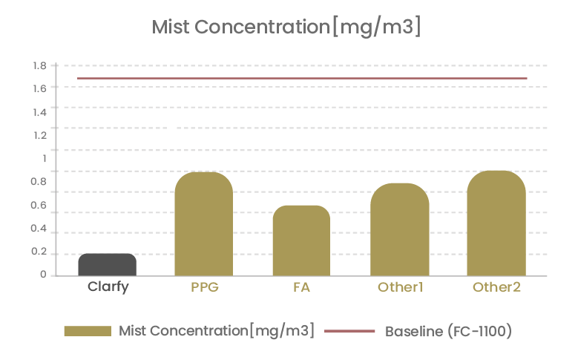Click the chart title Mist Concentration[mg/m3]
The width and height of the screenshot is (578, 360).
pos(286,27)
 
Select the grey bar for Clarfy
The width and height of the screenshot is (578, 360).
pos(107,264)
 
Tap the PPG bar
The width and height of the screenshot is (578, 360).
pos(203,224)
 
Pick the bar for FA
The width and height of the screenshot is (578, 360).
pos(301,240)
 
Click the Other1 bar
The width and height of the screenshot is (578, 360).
pos(399,229)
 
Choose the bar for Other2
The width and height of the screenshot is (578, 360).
pos(496,223)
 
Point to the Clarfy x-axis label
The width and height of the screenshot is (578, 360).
pos(108,287)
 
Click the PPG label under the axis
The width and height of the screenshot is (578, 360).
pos(204,287)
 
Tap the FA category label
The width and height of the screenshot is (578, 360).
pos(301,287)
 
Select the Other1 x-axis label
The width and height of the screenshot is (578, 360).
pos(399,287)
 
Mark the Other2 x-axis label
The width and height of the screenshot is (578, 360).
pos(496,287)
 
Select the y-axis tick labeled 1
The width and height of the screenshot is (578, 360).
pos(44,158)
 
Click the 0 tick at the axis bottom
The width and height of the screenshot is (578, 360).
pos(43,275)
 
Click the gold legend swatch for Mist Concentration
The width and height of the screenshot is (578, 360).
pos(88,331)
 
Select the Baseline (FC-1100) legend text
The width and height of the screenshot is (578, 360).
pos(448,331)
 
